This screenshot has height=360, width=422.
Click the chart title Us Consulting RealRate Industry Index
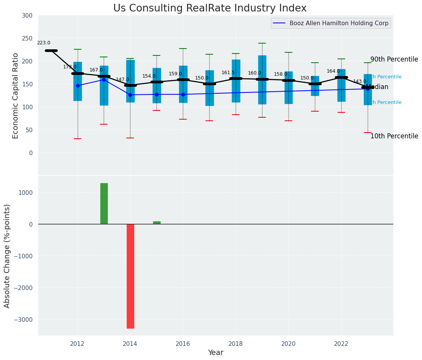[x=210, y=8]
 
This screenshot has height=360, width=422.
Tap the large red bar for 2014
[x=130, y=276]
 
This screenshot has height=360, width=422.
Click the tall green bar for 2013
[x=104, y=203]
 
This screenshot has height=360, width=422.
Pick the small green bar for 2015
[x=157, y=222]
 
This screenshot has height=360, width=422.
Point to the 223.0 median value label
[x=44, y=43]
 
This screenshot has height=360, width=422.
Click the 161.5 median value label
[x=228, y=73]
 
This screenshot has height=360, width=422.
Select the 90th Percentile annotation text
[x=394, y=60]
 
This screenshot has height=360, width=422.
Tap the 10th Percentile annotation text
[x=394, y=136]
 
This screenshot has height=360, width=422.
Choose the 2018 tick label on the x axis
[x=236, y=344]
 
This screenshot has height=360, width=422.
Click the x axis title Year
[x=215, y=353]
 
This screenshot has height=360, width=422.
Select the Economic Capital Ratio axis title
[x=16, y=96]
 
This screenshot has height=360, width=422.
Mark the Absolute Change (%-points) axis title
[x=7, y=256]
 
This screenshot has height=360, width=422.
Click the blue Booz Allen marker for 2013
[x=104, y=80]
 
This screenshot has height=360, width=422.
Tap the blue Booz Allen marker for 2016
[x=183, y=94]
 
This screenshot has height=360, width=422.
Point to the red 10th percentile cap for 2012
[x=78, y=139]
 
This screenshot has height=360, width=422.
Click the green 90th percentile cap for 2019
[x=262, y=43]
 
